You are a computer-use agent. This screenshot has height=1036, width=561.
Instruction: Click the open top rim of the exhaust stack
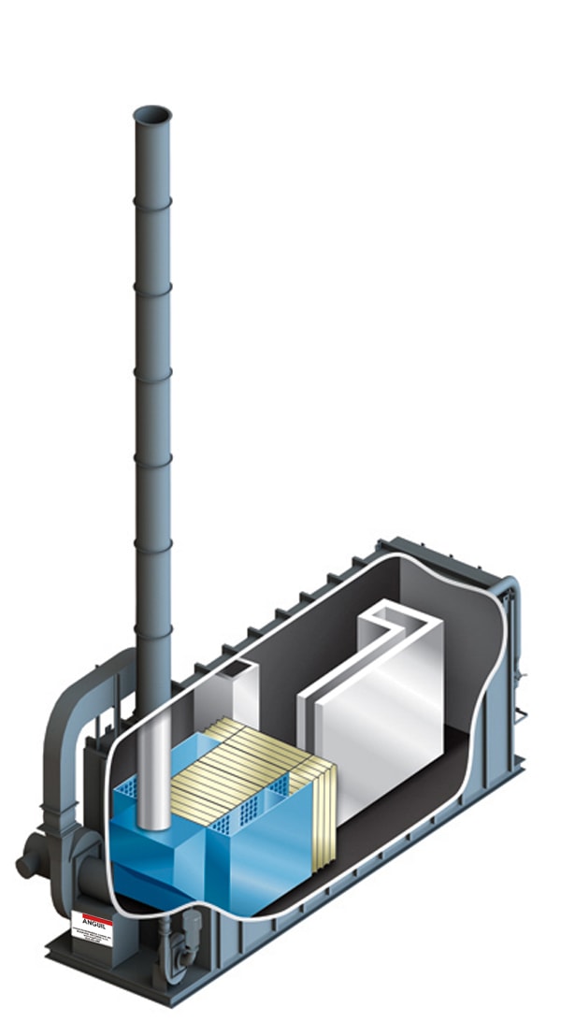[152, 115]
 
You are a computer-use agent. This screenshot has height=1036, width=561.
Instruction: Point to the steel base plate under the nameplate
[103, 963]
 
